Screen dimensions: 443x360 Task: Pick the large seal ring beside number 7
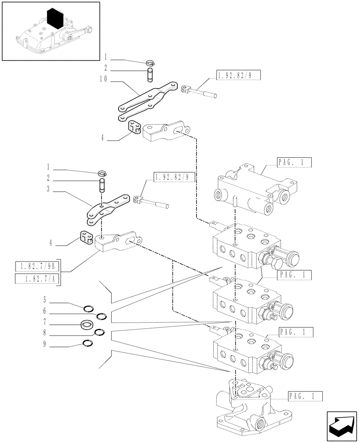coord(87,326)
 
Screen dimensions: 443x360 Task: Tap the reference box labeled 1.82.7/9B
coord(37,267)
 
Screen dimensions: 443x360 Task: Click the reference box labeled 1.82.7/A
coord(37,279)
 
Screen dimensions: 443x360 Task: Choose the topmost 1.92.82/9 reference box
coord(238,75)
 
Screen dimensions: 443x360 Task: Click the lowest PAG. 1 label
coord(304,396)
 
